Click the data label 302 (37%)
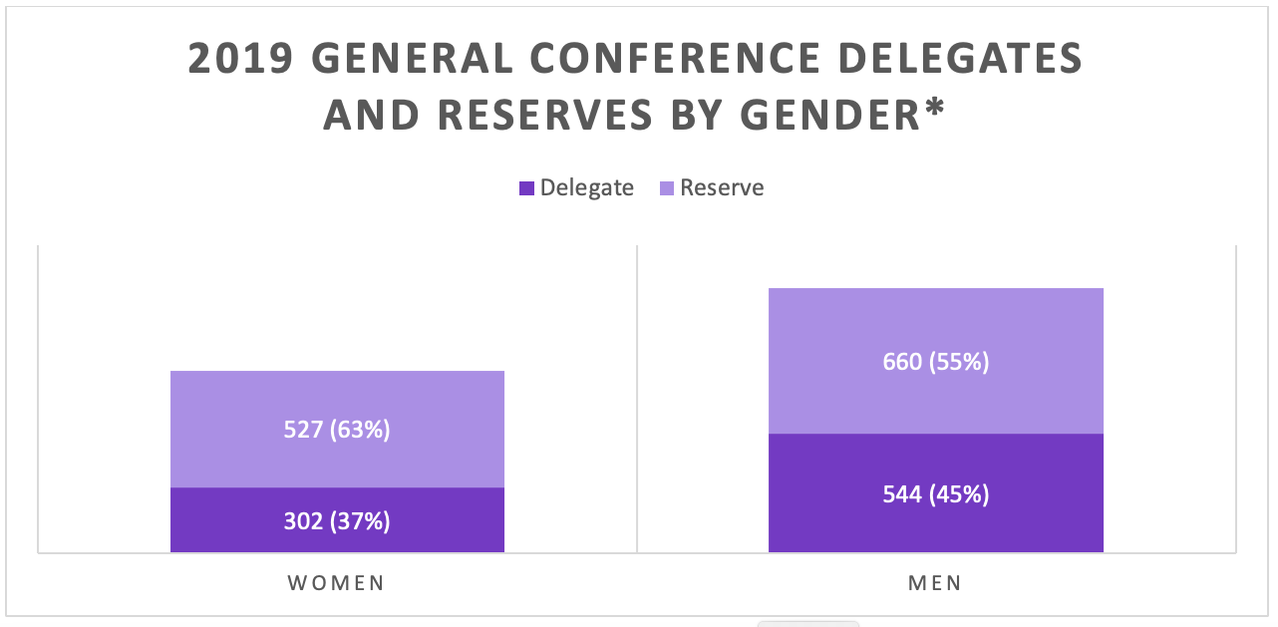coord(337,520)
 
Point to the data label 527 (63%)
coord(337,430)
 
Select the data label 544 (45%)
coord(935,493)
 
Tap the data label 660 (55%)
coord(935,361)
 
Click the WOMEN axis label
coord(337,583)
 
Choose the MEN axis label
coord(935,583)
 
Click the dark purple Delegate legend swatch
coord(527,188)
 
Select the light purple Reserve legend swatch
coord(667,188)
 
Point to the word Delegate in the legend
coord(586,188)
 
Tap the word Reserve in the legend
coord(722,188)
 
